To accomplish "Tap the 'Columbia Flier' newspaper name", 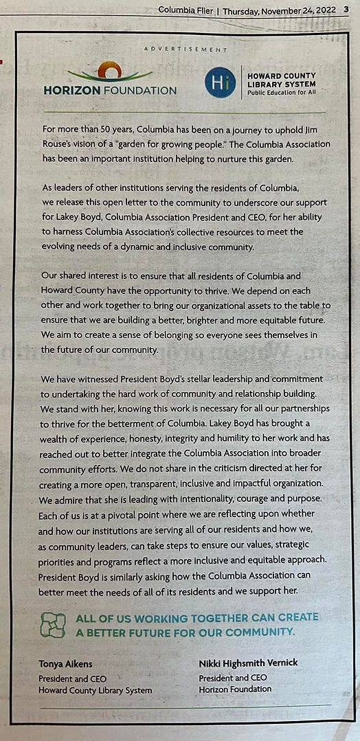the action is click(x=188, y=10).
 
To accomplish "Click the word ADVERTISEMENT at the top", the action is click(x=185, y=49).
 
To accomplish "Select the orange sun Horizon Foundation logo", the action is click(x=110, y=71).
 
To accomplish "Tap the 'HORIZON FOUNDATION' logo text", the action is click(x=110, y=90).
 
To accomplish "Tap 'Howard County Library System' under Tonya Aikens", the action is click(x=95, y=689).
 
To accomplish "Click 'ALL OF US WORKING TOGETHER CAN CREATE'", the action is click(x=197, y=617).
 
